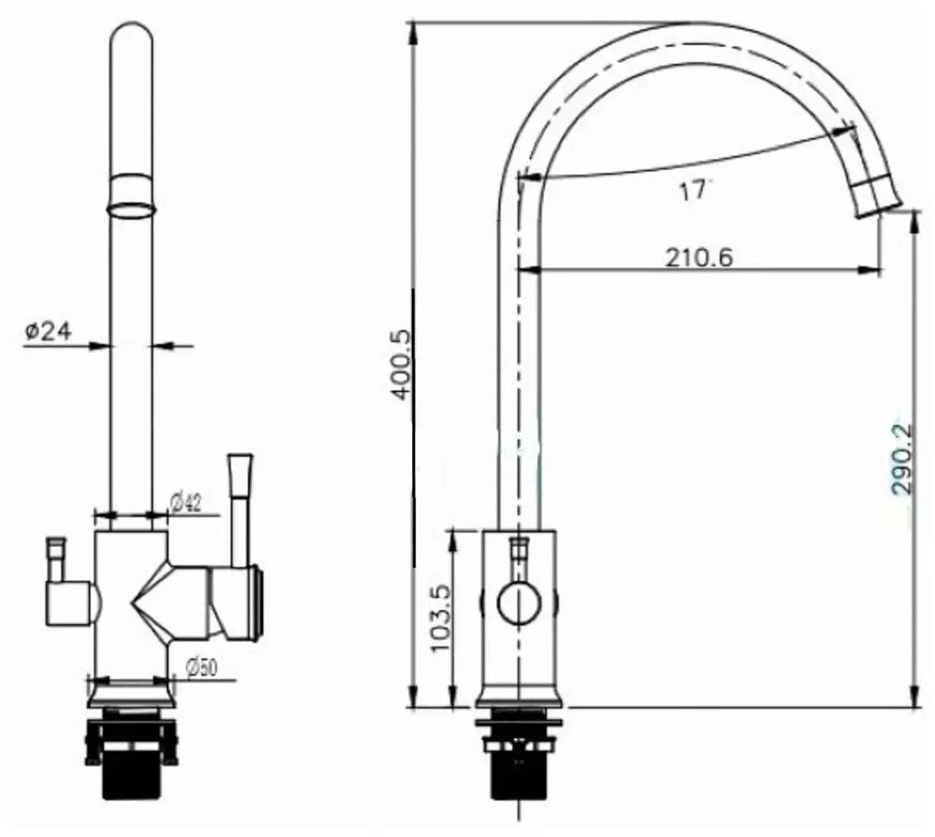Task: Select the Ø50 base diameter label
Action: (x=201, y=667)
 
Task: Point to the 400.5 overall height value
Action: (x=399, y=364)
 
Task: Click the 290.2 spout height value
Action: (x=902, y=460)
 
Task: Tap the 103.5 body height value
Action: (x=439, y=618)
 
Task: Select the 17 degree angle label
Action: (x=693, y=190)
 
